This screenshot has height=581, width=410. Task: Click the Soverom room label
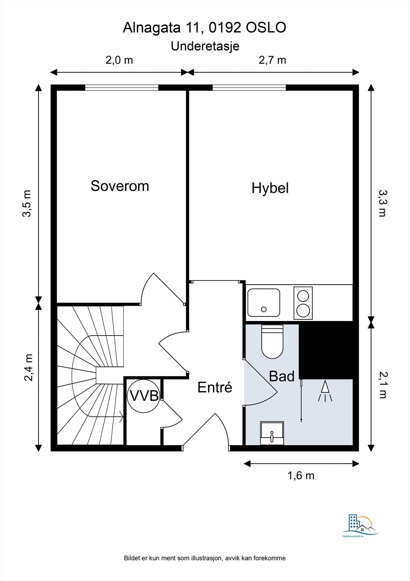(120, 186)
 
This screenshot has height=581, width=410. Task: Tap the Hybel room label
(270, 188)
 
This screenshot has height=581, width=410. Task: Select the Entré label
(215, 387)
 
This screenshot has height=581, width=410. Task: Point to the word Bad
(282, 376)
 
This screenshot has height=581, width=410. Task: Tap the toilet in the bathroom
(272, 342)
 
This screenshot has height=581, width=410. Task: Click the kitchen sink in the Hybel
(264, 302)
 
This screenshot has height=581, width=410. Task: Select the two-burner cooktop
(303, 303)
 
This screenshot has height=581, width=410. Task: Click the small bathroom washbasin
(272, 433)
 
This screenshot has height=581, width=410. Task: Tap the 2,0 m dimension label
(119, 60)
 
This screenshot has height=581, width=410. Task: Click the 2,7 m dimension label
(272, 60)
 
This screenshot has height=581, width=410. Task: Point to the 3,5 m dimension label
(27, 203)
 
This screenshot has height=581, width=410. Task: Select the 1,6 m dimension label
(301, 475)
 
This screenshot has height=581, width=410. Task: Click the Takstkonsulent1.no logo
(361, 525)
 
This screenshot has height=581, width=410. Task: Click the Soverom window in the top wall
(122, 88)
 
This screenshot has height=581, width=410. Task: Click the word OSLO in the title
(266, 28)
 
